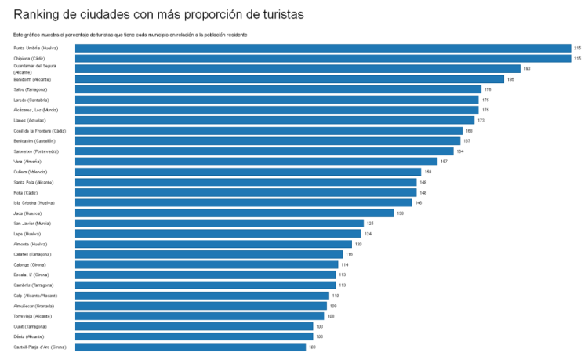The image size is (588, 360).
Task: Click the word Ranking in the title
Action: click(x=39, y=14)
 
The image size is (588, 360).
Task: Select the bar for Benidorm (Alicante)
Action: click(x=289, y=79)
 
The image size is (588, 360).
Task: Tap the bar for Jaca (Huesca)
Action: click(x=234, y=213)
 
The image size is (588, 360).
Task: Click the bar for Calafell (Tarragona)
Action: click(x=209, y=254)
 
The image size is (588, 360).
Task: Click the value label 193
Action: click(x=527, y=69)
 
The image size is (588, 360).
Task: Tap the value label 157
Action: click(x=444, y=161)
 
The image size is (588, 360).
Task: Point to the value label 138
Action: click(x=400, y=213)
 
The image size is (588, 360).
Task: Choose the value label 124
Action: click(x=368, y=234)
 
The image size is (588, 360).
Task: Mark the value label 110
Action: click(x=336, y=295)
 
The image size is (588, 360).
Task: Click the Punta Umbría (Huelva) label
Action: click(x=35, y=49)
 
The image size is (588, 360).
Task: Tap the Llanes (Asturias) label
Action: click(x=30, y=121)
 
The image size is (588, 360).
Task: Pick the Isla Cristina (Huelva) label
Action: click(x=34, y=202)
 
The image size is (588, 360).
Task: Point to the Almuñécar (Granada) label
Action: click(x=34, y=305)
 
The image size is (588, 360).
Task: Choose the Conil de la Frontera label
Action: click(x=39, y=130)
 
